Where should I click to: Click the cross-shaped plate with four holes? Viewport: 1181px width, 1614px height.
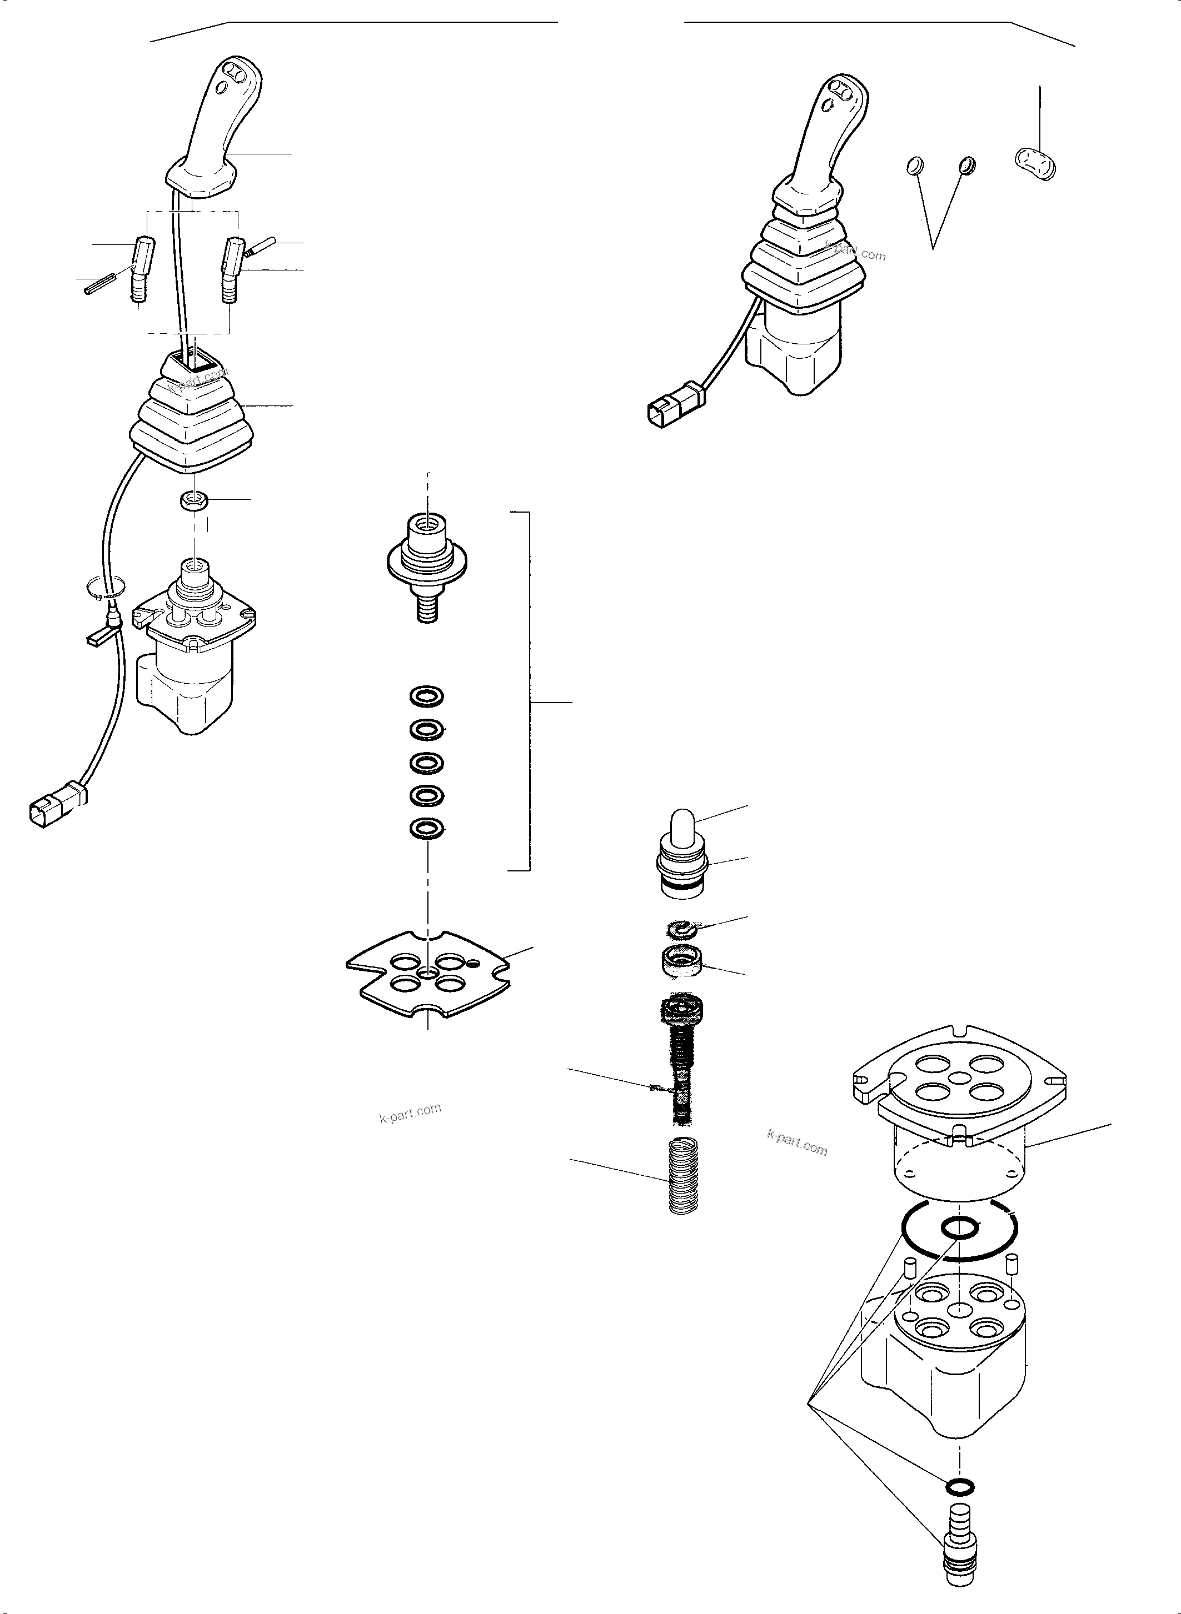click(427, 976)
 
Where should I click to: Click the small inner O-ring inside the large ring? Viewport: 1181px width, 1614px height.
click(959, 1229)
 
